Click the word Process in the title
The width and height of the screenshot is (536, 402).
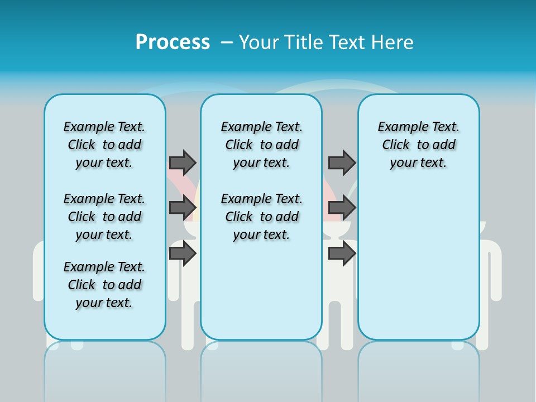coord(173,42)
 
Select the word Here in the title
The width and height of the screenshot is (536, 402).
coord(393,42)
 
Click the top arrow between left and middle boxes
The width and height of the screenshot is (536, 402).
coord(183,162)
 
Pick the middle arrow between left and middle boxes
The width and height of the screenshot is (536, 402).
coord(183,208)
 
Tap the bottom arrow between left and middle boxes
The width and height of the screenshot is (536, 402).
coord(183,253)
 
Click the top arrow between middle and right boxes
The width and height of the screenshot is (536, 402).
coord(342,162)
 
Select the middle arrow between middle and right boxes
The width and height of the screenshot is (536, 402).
coord(342,208)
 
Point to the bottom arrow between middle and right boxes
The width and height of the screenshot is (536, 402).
coord(342,253)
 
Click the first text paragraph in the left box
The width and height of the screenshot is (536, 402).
coord(104,145)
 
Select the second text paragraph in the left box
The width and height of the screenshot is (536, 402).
coord(104,217)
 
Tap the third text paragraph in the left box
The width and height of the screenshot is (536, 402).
coord(104,285)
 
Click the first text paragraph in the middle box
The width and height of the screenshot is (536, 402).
coord(261,145)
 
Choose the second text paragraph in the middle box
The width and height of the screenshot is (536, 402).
coord(261,217)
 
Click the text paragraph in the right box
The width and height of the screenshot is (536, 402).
coord(418,145)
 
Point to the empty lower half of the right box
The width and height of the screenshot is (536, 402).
coord(418,268)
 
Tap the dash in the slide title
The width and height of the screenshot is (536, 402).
coord(227,42)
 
